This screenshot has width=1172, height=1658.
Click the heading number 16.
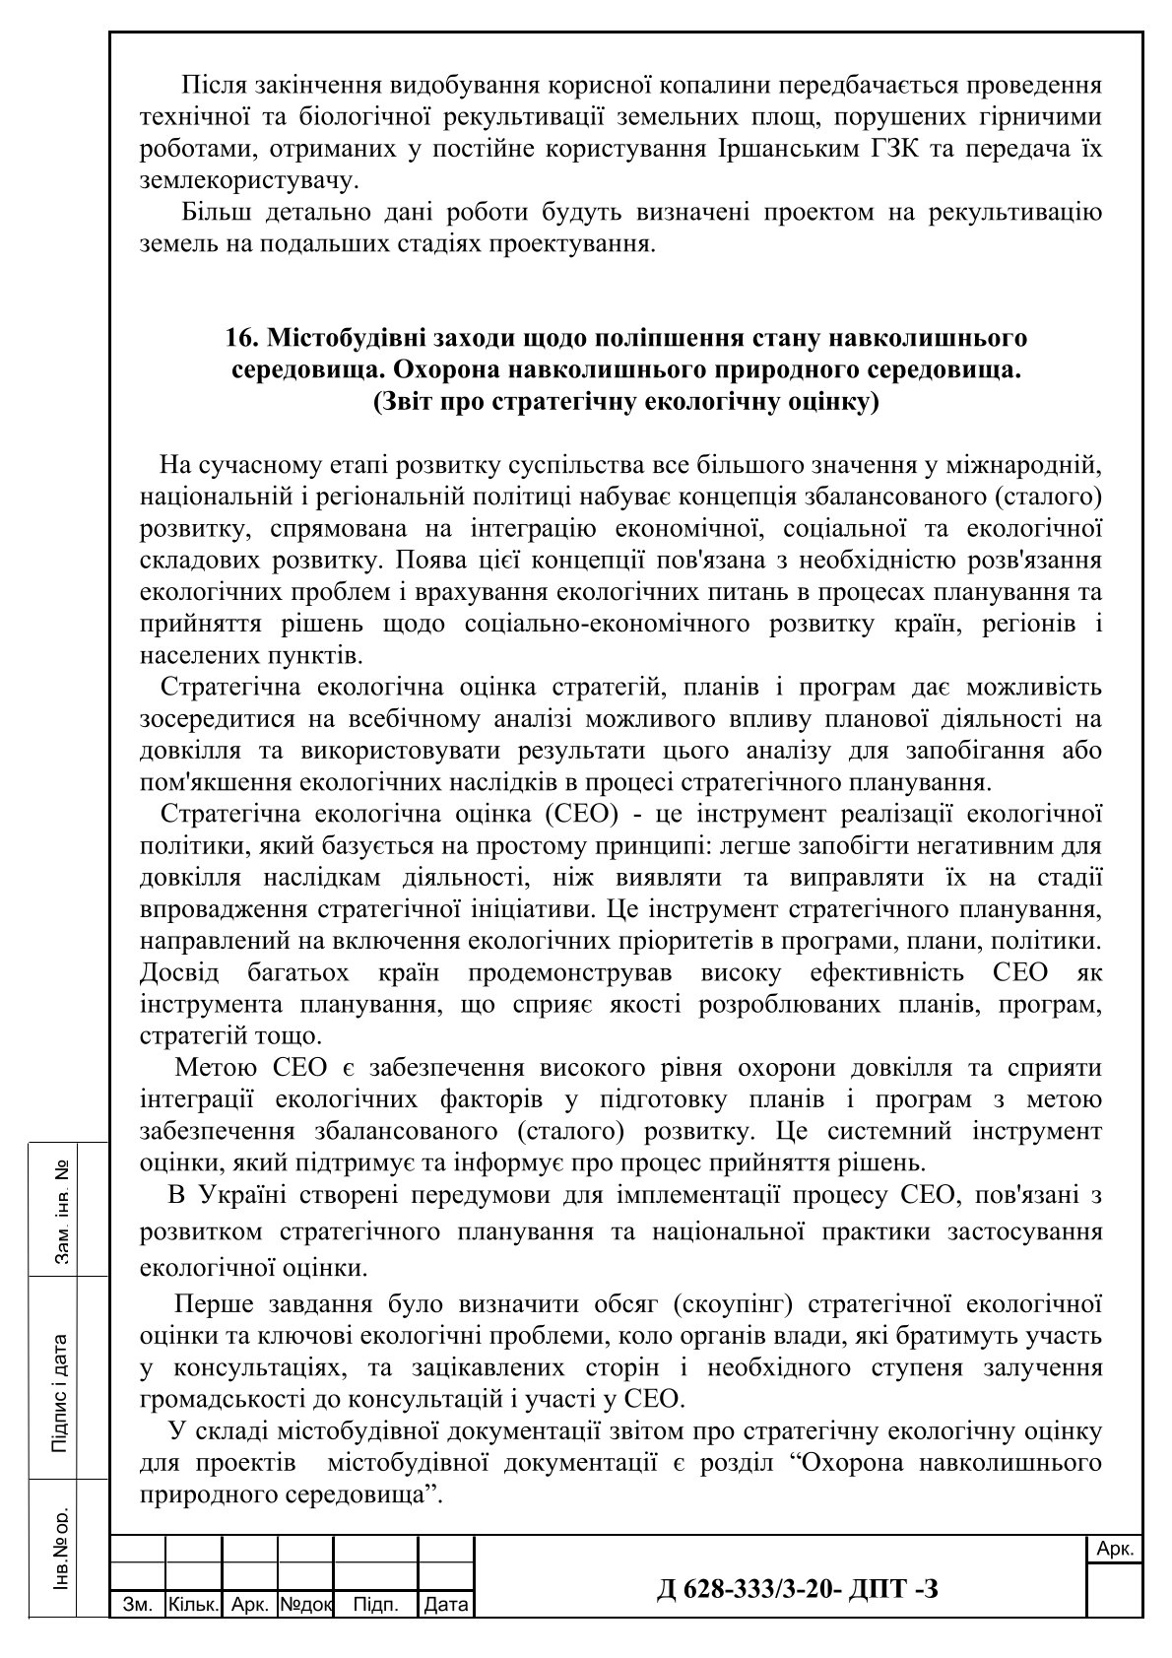[239, 339]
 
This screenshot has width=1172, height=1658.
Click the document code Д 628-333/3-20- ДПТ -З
[797, 1588]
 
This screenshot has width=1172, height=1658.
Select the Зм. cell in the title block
[137, 1605]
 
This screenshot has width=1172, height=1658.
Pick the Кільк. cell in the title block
[194, 1605]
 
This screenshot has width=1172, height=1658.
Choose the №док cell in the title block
[306, 1605]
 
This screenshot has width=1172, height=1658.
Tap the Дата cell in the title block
[446, 1605]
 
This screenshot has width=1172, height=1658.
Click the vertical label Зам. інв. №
[61, 1212]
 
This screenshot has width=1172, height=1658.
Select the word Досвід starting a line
[182, 973]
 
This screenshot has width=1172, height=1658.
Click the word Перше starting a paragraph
[212, 1304]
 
